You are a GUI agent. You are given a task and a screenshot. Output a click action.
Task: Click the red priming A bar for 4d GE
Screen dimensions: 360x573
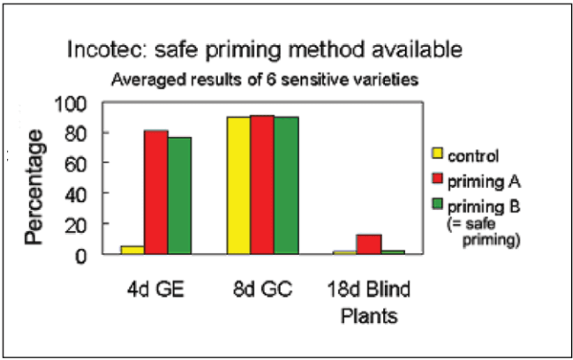click(156, 192)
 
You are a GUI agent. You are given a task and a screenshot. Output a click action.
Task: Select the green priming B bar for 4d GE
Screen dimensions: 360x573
click(179, 196)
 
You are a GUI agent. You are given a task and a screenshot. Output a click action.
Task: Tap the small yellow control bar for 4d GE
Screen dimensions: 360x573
click(133, 250)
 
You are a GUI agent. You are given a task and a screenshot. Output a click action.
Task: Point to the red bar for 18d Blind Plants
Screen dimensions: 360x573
click(369, 244)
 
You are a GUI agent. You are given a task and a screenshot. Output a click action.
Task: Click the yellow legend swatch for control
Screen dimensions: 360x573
click(437, 153)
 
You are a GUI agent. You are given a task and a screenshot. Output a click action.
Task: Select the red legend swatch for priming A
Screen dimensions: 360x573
click(437, 178)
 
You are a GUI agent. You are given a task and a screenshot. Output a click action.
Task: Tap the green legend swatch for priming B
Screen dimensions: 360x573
click(437, 204)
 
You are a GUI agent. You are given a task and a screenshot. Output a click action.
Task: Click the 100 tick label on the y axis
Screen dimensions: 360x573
click(71, 104)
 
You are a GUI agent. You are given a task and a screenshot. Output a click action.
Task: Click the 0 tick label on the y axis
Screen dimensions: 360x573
click(81, 256)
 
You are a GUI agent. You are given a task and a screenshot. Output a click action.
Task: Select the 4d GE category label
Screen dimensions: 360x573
click(156, 289)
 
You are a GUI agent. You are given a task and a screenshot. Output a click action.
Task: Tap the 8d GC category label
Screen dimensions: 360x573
click(262, 289)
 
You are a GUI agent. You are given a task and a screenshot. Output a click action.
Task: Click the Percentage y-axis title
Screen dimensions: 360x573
click(34, 187)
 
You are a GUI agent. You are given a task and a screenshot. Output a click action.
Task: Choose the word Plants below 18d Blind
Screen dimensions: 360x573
click(369, 316)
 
